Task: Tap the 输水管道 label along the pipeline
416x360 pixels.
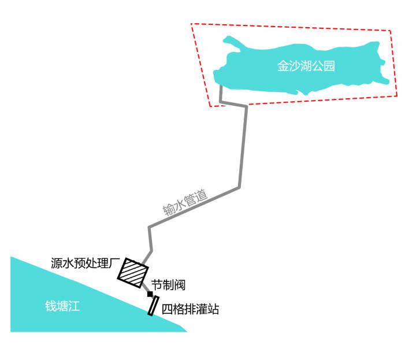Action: [185, 202]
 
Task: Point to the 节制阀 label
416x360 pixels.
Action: [168, 284]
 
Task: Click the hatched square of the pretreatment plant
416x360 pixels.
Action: [132, 272]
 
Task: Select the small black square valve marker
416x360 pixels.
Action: [150, 294]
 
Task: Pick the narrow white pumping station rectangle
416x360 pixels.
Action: [153, 306]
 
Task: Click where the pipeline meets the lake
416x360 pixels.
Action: [220, 87]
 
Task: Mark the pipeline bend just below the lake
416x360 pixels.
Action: [221, 102]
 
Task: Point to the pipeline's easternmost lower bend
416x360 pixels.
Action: [239, 187]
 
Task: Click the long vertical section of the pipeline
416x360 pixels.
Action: [243, 147]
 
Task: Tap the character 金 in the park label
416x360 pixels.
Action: [283, 66]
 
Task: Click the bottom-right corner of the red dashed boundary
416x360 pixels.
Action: [398, 96]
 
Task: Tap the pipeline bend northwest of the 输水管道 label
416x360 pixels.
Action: [149, 227]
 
